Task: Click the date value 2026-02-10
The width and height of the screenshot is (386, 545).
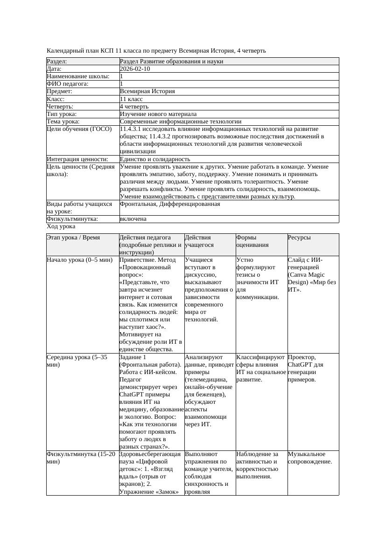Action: (x=135, y=69)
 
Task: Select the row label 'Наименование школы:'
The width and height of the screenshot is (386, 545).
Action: (x=78, y=76)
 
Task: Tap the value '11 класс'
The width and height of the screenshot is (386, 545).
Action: (x=131, y=99)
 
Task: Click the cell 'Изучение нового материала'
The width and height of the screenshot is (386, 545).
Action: (x=158, y=114)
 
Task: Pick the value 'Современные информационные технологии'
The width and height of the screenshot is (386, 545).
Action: (x=181, y=122)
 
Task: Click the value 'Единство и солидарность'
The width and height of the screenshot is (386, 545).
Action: (x=154, y=159)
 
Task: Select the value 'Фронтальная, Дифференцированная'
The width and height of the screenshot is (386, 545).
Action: (x=170, y=204)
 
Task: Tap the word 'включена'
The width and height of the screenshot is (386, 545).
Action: (x=133, y=219)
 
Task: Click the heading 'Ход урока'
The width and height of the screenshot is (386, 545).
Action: (x=61, y=226)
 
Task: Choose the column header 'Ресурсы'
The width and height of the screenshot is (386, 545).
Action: (x=299, y=238)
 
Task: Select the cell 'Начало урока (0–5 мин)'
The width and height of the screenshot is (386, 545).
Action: (x=77, y=260)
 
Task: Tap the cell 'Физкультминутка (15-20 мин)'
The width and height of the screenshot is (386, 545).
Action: (x=81, y=458)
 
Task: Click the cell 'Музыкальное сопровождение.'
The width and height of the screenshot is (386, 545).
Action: (x=310, y=458)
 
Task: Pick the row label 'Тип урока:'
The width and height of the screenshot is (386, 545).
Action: (x=62, y=114)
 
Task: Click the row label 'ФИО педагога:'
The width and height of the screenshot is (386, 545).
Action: (x=68, y=84)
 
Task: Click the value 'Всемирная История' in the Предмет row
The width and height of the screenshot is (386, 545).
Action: (x=147, y=92)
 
